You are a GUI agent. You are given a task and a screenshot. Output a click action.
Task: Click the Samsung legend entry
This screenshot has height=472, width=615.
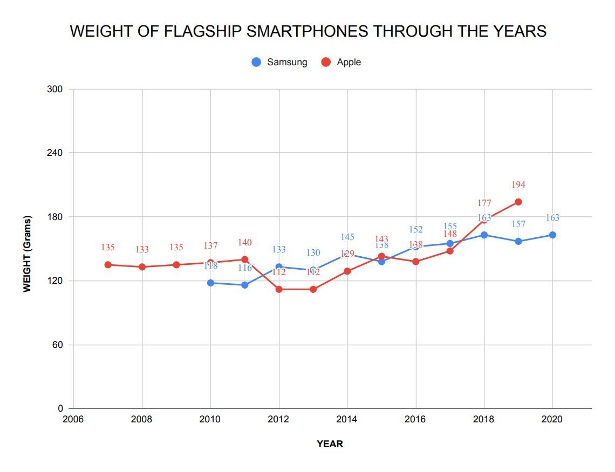[x=279, y=62]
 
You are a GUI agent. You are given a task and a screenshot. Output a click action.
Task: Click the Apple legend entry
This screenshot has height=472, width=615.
[x=341, y=62]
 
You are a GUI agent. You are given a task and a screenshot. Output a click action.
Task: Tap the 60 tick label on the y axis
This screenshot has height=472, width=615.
[x=58, y=345]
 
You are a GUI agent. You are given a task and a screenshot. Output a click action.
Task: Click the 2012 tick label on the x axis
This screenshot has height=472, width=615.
[x=279, y=419]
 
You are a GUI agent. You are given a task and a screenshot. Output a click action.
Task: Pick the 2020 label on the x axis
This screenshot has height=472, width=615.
[x=552, y=419]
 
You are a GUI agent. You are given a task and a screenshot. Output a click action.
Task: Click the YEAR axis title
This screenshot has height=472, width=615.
[x=330, y=444]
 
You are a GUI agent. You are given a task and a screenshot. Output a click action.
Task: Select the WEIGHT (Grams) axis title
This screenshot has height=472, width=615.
[x=27, y=254]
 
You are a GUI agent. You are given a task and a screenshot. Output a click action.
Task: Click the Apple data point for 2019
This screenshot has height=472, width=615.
[x=518, y=202]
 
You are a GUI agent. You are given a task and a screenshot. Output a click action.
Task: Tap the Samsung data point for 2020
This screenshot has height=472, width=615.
[x=552, y=235]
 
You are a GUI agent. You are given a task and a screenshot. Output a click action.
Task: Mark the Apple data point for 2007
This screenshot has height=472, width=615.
[x=108, y=264]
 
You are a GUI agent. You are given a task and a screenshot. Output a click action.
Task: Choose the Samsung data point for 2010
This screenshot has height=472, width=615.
[x=210, y=283]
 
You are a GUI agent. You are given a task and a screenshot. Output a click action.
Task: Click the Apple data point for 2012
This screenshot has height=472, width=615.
[x=279, y=289]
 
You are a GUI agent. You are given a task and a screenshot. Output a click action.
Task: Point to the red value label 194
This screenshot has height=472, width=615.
[x=518, y=185]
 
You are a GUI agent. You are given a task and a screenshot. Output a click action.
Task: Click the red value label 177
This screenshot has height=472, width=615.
[x=484, y=203]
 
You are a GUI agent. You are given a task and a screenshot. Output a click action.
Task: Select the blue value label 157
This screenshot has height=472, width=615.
[x=518, y=224]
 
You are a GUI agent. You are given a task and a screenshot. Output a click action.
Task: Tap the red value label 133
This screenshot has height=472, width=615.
[x=142, y=250]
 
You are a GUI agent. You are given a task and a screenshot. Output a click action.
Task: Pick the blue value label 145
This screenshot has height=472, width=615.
[x=347, y=237]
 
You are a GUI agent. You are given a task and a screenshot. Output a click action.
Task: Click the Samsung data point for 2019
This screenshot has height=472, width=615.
[x=518, y=241]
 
